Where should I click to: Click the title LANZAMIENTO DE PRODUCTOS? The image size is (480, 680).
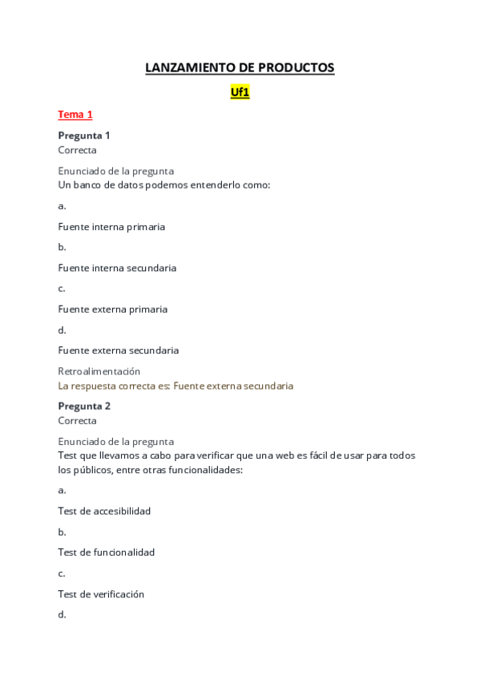coord(240,68)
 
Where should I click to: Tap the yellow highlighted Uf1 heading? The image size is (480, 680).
coord(240,92)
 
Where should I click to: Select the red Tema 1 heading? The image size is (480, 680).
coord(75,115)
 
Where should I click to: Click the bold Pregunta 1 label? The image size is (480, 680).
coord(84,136)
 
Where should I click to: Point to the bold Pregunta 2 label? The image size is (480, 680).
coord(84,406)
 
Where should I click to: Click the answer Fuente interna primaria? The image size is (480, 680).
coord(111,226)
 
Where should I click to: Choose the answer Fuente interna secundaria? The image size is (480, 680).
coord(117,268)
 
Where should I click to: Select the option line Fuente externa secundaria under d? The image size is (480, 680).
coord(119,350)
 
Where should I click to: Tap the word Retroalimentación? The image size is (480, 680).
coord(99,371)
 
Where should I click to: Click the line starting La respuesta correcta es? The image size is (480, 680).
coord(175,386)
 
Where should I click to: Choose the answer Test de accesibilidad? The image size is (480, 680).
coord(104,511)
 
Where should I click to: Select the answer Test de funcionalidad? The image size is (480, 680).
coord(107,552)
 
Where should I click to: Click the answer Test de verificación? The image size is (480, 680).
coord(101,594)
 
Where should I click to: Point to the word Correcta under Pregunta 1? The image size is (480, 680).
coord(77,150)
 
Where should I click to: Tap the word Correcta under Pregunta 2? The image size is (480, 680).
coord(77,420)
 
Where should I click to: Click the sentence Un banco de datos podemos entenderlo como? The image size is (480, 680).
coord(164,184)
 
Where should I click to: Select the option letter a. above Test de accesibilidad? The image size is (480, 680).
coord(62,490)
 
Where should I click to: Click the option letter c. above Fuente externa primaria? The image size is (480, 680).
coord(62,288)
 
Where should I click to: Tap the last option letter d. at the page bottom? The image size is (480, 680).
coord(62,615)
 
